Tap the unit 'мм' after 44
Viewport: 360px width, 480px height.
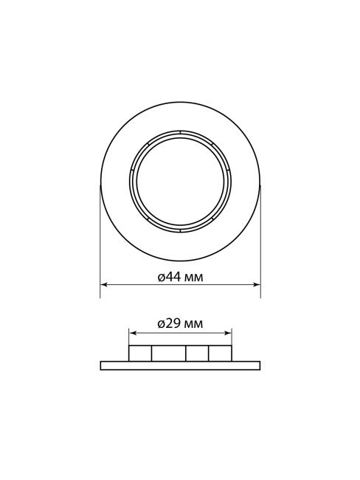[x=195, y=278]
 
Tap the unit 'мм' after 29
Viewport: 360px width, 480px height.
[x=195, y=325]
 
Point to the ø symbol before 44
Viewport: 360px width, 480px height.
[x=162, y=278]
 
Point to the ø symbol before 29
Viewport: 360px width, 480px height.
[x=162, y=324]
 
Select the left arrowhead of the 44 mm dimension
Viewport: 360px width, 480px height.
[x=104, y=285]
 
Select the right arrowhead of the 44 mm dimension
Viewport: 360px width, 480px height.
[x=257, y=285]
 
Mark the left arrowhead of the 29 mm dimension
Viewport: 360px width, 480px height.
[x=133, y=333]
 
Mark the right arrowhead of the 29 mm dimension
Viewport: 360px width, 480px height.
[x=228, y=333]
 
